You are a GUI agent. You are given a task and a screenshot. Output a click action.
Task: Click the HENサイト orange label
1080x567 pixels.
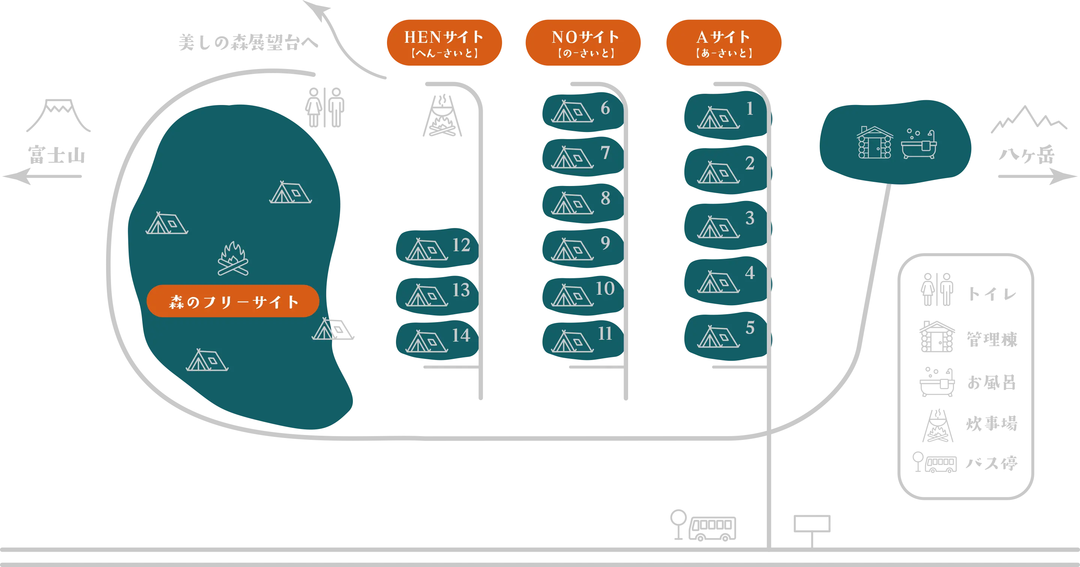point(444,42)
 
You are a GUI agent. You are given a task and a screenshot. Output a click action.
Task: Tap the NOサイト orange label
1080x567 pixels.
point(583,42)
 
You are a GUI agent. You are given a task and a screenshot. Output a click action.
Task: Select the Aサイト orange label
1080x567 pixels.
point(724,42)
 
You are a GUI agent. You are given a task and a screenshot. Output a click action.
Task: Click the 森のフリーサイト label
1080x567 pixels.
point(233,301)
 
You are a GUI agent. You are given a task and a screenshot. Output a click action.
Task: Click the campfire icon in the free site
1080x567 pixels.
point(233,259)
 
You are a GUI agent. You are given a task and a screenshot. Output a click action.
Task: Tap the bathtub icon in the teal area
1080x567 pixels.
point(919,144)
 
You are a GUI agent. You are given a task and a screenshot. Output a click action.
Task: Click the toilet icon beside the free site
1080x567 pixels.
point(324,107)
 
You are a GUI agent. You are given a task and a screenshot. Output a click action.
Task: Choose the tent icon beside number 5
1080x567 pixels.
point(718,337)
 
